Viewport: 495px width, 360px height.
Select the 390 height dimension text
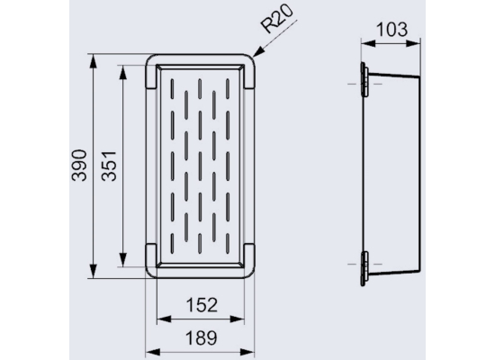click(x=79, y=166)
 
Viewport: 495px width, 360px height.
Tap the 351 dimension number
click(x=109, y=166)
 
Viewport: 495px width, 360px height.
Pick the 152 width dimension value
click(x=202, y=305)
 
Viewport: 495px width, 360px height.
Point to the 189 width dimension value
click(x=202, y=337)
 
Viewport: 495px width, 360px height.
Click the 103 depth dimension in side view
click(x=392, y=30)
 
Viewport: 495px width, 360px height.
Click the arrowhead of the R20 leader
click(x=259, y=52)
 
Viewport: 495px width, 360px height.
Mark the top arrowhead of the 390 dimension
click(x=93, y=61)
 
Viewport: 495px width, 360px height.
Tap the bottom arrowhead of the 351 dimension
click(x=122, y=260)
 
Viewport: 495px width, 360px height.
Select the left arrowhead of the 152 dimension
click(x=164, y=319)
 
